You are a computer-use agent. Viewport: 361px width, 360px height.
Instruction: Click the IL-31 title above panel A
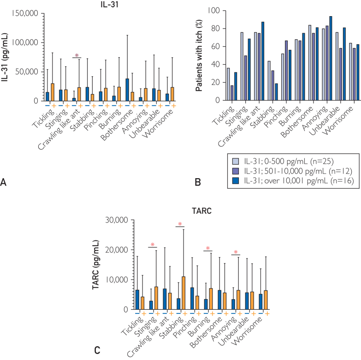[x=110, y=4]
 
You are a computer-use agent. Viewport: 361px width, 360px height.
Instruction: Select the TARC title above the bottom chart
[x=201, y=211]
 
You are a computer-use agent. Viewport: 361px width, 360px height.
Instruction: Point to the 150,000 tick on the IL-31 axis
[x=25, y=13]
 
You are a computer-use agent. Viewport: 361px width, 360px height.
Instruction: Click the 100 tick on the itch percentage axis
[x=213, y=11]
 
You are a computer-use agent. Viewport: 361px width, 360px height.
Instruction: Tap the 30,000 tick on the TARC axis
[x=117, y=220]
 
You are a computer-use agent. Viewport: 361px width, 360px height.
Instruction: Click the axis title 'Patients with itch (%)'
[x=199, y=55]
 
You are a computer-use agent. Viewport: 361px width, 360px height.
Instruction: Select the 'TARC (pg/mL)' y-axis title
[x=95, y=265]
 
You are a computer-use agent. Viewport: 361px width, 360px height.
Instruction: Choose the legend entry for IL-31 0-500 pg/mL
[x=283, y=162]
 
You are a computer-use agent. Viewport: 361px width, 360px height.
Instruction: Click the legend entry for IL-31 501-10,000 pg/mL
[x=292, y=171]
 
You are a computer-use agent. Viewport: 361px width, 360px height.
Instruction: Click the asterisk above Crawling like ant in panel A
[x=77, y=55]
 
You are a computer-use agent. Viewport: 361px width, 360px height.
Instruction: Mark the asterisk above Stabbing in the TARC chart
[x=180, y=224]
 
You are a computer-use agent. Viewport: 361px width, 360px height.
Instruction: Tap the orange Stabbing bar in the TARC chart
[x=183, y=293]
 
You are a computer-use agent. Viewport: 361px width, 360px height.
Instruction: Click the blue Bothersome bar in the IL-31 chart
[x=127, y=90]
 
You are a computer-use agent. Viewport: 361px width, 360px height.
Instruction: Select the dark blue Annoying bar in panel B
[x=331, y=58]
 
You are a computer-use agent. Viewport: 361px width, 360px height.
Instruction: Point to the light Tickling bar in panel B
[x=228, y=84]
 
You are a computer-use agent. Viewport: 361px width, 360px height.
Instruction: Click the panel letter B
[x=198, y=182]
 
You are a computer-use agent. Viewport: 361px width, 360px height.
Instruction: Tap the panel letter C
[x=97, y=351]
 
